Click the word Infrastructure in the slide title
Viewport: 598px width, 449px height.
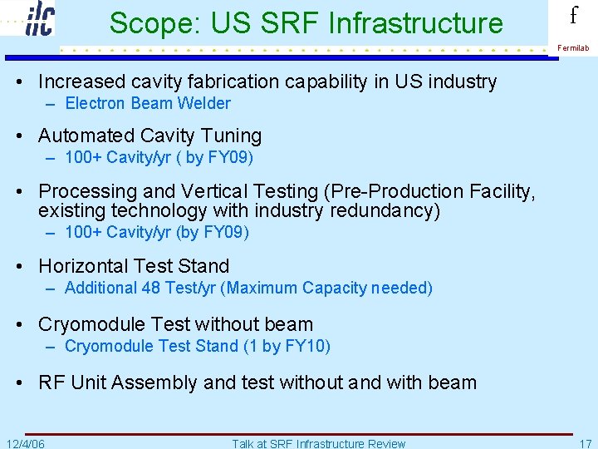416,23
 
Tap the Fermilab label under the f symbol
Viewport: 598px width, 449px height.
573,48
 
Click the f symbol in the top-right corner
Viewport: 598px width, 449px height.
573,16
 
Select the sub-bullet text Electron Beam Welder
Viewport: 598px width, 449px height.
147,104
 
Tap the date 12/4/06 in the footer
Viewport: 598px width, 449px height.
25,443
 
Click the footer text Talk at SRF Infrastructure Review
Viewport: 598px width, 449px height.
319,443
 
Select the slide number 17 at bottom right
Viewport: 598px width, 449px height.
585,443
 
